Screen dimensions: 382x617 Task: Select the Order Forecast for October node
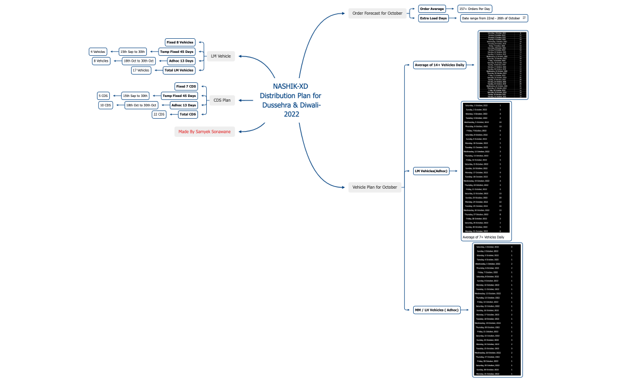coord(377,13)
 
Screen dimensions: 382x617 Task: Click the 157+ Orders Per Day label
coord(475,9)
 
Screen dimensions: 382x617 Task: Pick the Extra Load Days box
coord(434,18)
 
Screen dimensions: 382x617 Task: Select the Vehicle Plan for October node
coord(375,187)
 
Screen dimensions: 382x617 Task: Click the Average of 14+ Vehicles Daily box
coord(440,65)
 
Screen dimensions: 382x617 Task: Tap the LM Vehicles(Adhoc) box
coord(431,171)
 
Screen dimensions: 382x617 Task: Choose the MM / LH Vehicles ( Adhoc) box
coord(435,310)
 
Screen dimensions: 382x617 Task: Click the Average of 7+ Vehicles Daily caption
coord(484,237)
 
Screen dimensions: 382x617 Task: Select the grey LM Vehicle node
coord(220,56)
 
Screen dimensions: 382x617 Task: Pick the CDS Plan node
coord(222,100)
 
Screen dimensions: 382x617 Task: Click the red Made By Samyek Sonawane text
coord(205,132)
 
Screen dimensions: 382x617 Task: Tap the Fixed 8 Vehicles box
coord(180,42)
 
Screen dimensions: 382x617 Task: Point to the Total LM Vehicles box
coord(179,70)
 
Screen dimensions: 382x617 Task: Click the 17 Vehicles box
coord(141,70)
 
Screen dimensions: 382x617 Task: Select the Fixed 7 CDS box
coord(186,86)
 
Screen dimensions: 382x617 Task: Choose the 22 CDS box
coord(159,115)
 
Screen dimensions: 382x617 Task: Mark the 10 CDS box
coord(106,105)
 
